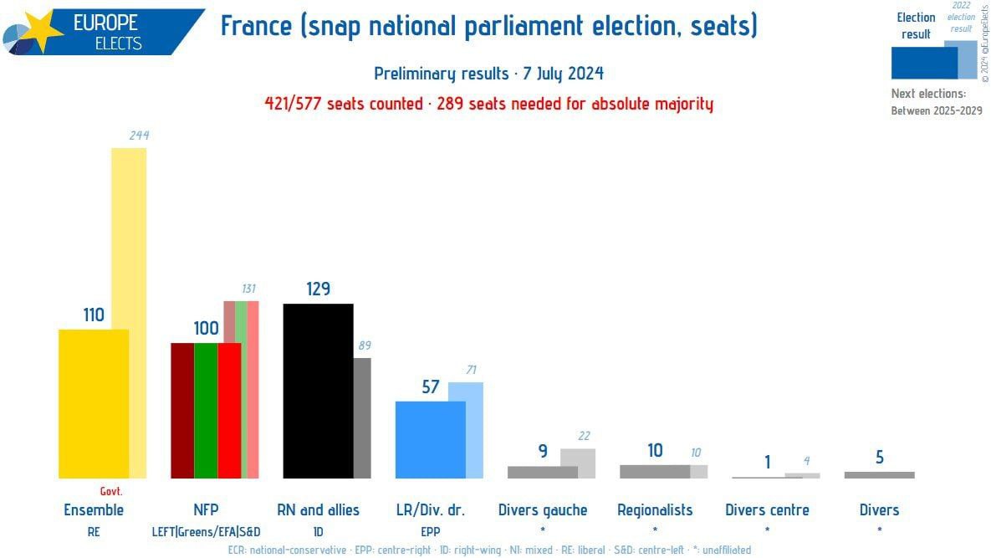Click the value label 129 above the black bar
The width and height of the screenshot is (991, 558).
tap(318, 289)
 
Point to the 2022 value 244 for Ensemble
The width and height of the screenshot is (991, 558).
tap(139, 135)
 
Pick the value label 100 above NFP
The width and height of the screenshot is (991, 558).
tap(206, 328)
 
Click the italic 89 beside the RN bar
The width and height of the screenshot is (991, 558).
tap(364, 345)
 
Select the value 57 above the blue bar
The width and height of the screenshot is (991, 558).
tap(430, 387)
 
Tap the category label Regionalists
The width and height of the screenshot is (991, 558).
tap(655, 509)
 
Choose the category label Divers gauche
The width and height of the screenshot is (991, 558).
tap(543, 509)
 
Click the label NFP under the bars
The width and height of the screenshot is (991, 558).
tap(206, 509)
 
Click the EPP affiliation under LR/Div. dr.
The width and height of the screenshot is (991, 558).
tap(430, 530)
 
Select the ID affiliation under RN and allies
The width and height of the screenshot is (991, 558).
tap(318, 530)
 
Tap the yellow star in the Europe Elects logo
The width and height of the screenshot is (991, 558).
tap(42, 32)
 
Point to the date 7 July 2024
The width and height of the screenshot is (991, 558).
tap(560, 74)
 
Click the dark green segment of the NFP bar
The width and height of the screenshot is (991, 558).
tap(206, 410)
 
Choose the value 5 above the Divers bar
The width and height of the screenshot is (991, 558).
tap(879, 458)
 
